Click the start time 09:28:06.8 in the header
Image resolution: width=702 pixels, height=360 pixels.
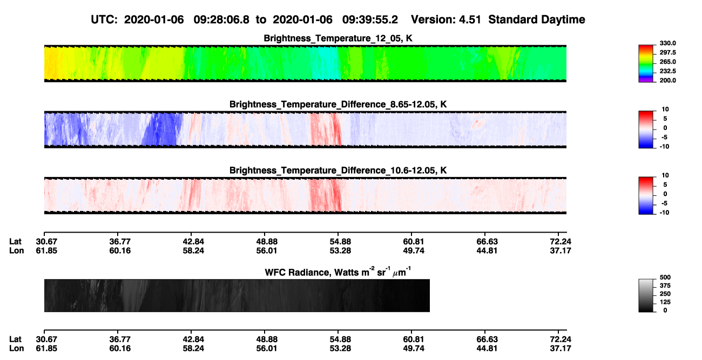pyautogui.click(x=221, y=20)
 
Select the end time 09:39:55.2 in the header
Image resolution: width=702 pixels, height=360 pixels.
pyautogui.click(x=370, y=20)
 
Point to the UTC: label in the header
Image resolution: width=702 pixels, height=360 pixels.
pyautogui.click(x=104, y=20)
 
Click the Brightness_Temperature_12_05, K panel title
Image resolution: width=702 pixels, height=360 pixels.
pyautogui.click(x=338, y=38)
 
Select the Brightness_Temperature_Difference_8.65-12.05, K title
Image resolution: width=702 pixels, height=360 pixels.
pyautogui.click(x=338, y=104)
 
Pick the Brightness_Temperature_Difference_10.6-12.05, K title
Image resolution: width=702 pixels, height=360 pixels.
pyautogui.click(x=338, y=171)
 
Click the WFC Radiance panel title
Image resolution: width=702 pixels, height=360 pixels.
pyautogui.click(x=338, y=271)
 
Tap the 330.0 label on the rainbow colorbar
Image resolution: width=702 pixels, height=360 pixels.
pyautogui.click(x=667, y=43)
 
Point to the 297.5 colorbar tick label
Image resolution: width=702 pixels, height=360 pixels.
pyautogui.click(x=667, y=53)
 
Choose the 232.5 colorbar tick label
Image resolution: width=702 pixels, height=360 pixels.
pyautogui.click(x=667, y=71)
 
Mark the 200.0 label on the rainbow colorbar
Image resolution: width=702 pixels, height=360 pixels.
pyautogui.click(x=667, y=80)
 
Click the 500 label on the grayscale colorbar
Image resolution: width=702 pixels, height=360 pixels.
pyautogui.click(x=665, y=277)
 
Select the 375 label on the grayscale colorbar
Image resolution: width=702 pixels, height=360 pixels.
pyautogui.click(x=665, y=286)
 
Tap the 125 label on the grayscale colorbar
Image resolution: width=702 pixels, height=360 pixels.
pyautogui.click(x=665, y=302)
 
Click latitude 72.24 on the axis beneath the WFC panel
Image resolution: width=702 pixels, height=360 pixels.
pyautogui.click(x=561, y=339)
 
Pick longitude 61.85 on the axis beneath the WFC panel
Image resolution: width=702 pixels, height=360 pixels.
pyautogui.click(x=46, y=349)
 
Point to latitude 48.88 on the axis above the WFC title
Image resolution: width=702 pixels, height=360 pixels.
pyautogui.click(x=267, y=242)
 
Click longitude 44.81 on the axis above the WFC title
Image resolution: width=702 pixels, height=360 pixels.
pyautogui.click(x=487, y=250)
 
